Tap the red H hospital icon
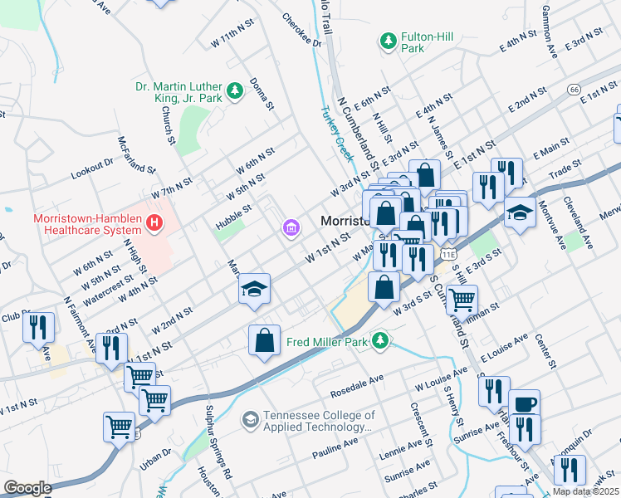coord(153,222)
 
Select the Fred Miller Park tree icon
coord(380,340)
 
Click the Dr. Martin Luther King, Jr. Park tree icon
coord(235,90)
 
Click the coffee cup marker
coord(524,404)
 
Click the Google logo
coord(27,488)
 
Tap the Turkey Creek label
coord(337,135)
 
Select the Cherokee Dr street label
coord(301,30)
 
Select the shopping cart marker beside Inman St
coord(462,296)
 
